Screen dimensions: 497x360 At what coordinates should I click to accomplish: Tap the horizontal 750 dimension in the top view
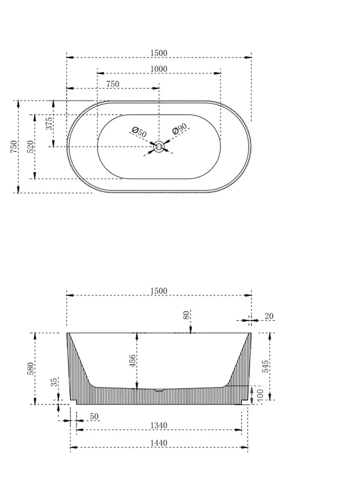[112, 84]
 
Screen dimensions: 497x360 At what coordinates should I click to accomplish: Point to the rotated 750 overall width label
[14, 147]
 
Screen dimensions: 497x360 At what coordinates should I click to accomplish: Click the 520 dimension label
[30, 147]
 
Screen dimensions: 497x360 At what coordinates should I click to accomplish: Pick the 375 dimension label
[50, 123]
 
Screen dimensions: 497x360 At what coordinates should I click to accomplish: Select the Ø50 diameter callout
[139, 132]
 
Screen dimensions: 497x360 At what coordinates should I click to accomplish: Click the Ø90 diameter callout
[179, 130]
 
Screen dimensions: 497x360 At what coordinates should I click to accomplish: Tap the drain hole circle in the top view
[159, 147]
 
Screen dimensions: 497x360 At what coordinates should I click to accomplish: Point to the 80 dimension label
[186, 315]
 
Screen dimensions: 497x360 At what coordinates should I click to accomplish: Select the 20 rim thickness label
[269, 316]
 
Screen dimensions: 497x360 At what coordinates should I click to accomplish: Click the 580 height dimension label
[31, 368]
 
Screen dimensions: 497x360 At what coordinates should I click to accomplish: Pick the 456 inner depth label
[132, 361]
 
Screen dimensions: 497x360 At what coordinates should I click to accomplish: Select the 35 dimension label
[54, 383]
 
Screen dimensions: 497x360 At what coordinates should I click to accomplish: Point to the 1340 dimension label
[158, 425]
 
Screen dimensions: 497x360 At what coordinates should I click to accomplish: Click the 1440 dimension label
[158, 443]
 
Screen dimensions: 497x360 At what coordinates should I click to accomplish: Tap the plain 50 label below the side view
[94, 415]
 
